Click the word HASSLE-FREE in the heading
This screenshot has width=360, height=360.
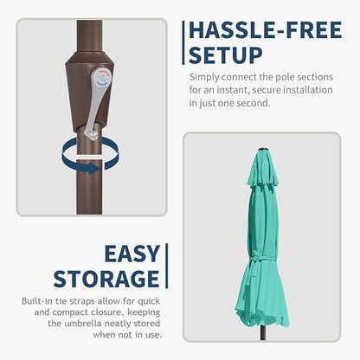[x=266, y=30]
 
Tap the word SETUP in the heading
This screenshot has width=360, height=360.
[x=226, y=55]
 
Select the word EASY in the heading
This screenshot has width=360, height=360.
[x=132, y=254]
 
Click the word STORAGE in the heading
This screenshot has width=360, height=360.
[x=106, y=279]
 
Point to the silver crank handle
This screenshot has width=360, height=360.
[x=98, y=101]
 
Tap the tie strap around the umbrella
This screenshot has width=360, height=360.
[x=261, y=260]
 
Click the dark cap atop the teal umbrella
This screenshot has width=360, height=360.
[x=263, y=149]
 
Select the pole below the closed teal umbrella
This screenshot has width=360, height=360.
[x=263, y=332]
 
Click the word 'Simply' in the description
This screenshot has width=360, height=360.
[x=204, y=77]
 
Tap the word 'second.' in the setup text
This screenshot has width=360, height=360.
[x=254, y=103]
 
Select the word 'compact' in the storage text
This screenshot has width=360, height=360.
[x=70, y=312]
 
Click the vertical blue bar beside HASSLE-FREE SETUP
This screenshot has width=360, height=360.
[x=183, y=42]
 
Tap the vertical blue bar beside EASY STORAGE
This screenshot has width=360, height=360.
[x=166, y=266]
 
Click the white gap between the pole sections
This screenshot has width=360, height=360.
[x=89, y=157]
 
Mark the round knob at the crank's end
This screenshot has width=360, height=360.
[x=92, y=134]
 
